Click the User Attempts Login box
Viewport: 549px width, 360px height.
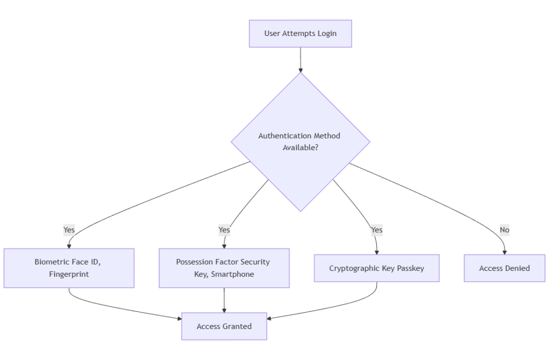click(x=300, y=33)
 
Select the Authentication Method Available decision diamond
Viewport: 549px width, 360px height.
click(x=300, y=142)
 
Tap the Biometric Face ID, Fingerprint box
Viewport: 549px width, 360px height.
click(x=69, y=268)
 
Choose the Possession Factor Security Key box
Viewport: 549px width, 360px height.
click(x=224, y=268)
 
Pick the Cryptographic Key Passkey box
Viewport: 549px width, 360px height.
click(x=376, y=268)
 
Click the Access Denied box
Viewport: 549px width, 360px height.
click(x=504, y=268)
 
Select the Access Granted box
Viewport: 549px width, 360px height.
click(x=224, y=326)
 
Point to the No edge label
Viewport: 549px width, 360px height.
click(x=505, y=230)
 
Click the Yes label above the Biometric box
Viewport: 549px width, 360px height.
click(x=69, y=230)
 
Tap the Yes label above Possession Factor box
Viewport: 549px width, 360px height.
click(x=224, y=230)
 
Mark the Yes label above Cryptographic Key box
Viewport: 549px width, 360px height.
click(x=377, y=230)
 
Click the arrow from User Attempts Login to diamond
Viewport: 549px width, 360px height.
click(x=300, y=60)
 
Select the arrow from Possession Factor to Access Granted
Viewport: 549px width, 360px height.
click(x=224, y=300)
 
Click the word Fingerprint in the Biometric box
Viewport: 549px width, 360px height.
click(x=69, y=274)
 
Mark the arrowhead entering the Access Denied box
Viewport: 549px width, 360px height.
click(x=505, y=251)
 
